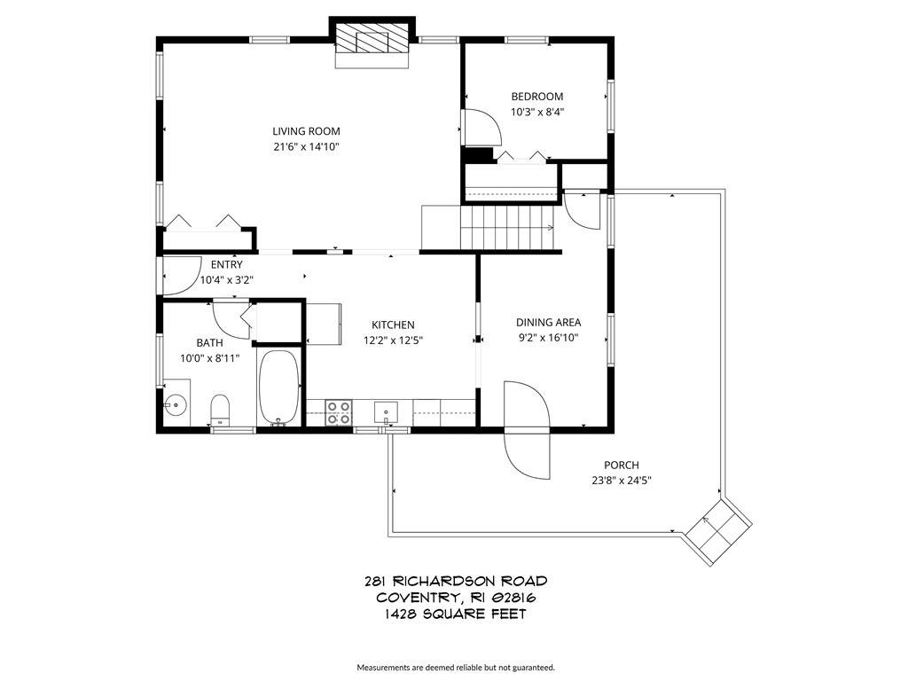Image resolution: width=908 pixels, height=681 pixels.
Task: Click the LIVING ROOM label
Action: [306, 131]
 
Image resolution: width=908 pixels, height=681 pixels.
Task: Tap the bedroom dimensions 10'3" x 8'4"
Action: [536, 112]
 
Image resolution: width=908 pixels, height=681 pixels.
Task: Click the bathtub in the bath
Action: [278, 388]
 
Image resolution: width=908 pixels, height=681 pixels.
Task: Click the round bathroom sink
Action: [175, 404]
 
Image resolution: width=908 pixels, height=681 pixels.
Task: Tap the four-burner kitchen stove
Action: [338, 412]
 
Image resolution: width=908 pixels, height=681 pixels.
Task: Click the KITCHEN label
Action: [393, 325]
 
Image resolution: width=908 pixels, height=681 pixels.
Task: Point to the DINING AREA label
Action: [548, 323]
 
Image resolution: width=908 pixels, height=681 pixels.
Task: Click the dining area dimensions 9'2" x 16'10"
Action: [548, 338]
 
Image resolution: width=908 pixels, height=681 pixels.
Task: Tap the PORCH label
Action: [622, 465]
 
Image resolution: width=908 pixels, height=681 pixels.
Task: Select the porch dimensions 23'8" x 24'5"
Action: [622, 480]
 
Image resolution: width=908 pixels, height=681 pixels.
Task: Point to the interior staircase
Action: [507, 228]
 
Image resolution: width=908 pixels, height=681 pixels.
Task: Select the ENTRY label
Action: [226, 264]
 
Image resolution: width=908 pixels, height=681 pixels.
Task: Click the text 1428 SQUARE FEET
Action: [456, 614]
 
